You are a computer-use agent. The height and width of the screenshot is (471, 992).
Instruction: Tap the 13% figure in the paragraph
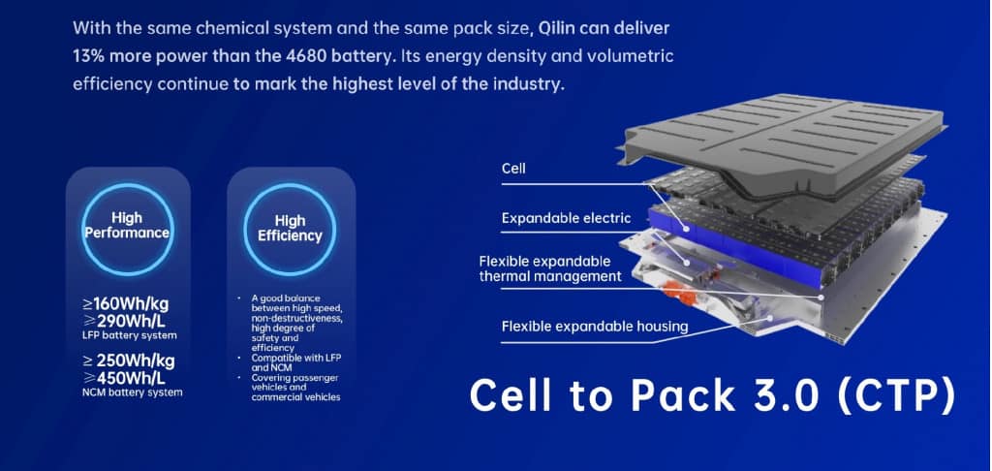point(86,56)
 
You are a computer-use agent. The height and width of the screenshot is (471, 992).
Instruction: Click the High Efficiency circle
point(290,229)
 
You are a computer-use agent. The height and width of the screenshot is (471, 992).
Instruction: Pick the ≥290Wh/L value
point(124,320)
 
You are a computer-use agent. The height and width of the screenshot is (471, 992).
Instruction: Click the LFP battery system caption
point(130,335)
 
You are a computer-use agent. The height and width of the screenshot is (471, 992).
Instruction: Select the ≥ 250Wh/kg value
point(129,361)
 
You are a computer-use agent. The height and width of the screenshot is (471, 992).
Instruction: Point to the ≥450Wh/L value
point(124,379)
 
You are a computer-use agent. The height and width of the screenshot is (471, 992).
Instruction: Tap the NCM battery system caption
point(132,392)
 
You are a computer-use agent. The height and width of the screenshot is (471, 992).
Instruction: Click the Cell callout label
point(513,169)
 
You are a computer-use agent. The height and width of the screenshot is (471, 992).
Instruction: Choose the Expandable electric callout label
point(566,218)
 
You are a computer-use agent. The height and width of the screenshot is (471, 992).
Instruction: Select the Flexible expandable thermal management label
point(550,269)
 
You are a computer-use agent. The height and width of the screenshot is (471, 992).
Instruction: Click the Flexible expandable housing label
point(595,327)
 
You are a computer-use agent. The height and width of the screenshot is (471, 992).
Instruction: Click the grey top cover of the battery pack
point(782,140)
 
